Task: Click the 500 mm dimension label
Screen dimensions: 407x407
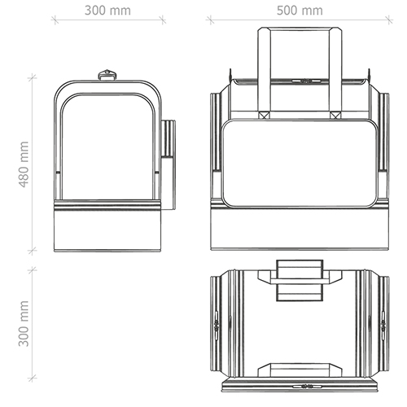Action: [300, 11]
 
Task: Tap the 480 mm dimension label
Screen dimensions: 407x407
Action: [24, 164]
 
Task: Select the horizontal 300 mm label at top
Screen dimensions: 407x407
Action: [107, 11]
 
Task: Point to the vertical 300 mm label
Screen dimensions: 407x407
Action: [24, 323]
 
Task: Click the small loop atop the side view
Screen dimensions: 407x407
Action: [107, 75]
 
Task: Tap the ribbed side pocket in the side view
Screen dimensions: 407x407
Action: [168, 138]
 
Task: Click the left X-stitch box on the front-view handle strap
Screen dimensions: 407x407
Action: [264, 115]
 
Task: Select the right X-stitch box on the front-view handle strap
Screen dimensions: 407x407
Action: [335, 115]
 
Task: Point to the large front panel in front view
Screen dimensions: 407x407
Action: [300, 164]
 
